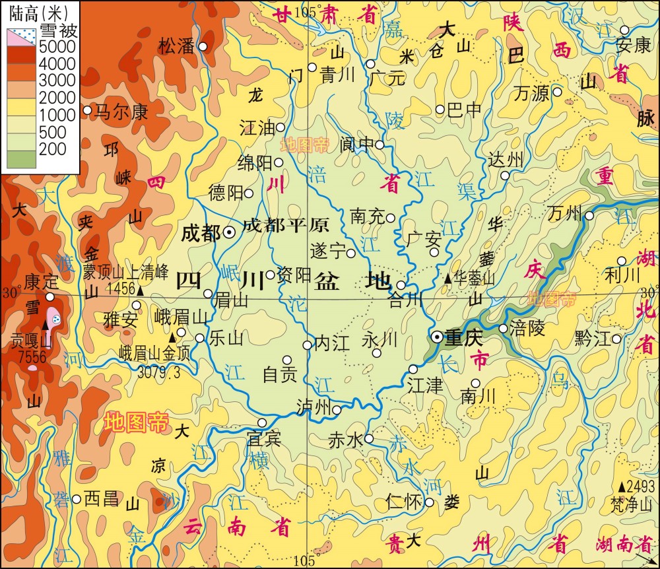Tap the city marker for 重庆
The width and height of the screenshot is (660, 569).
(436, 337)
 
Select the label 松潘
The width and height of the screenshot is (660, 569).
(177, 46)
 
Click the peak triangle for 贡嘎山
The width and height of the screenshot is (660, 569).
(46, 325)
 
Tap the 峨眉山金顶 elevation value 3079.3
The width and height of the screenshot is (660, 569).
(159, 372)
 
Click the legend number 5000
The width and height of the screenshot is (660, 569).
(57, 48)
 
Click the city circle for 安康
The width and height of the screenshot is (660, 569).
(624, 30)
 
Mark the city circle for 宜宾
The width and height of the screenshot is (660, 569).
(262, 422)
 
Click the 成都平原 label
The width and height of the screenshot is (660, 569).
(285, 226)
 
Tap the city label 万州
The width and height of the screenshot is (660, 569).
(565, 213)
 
